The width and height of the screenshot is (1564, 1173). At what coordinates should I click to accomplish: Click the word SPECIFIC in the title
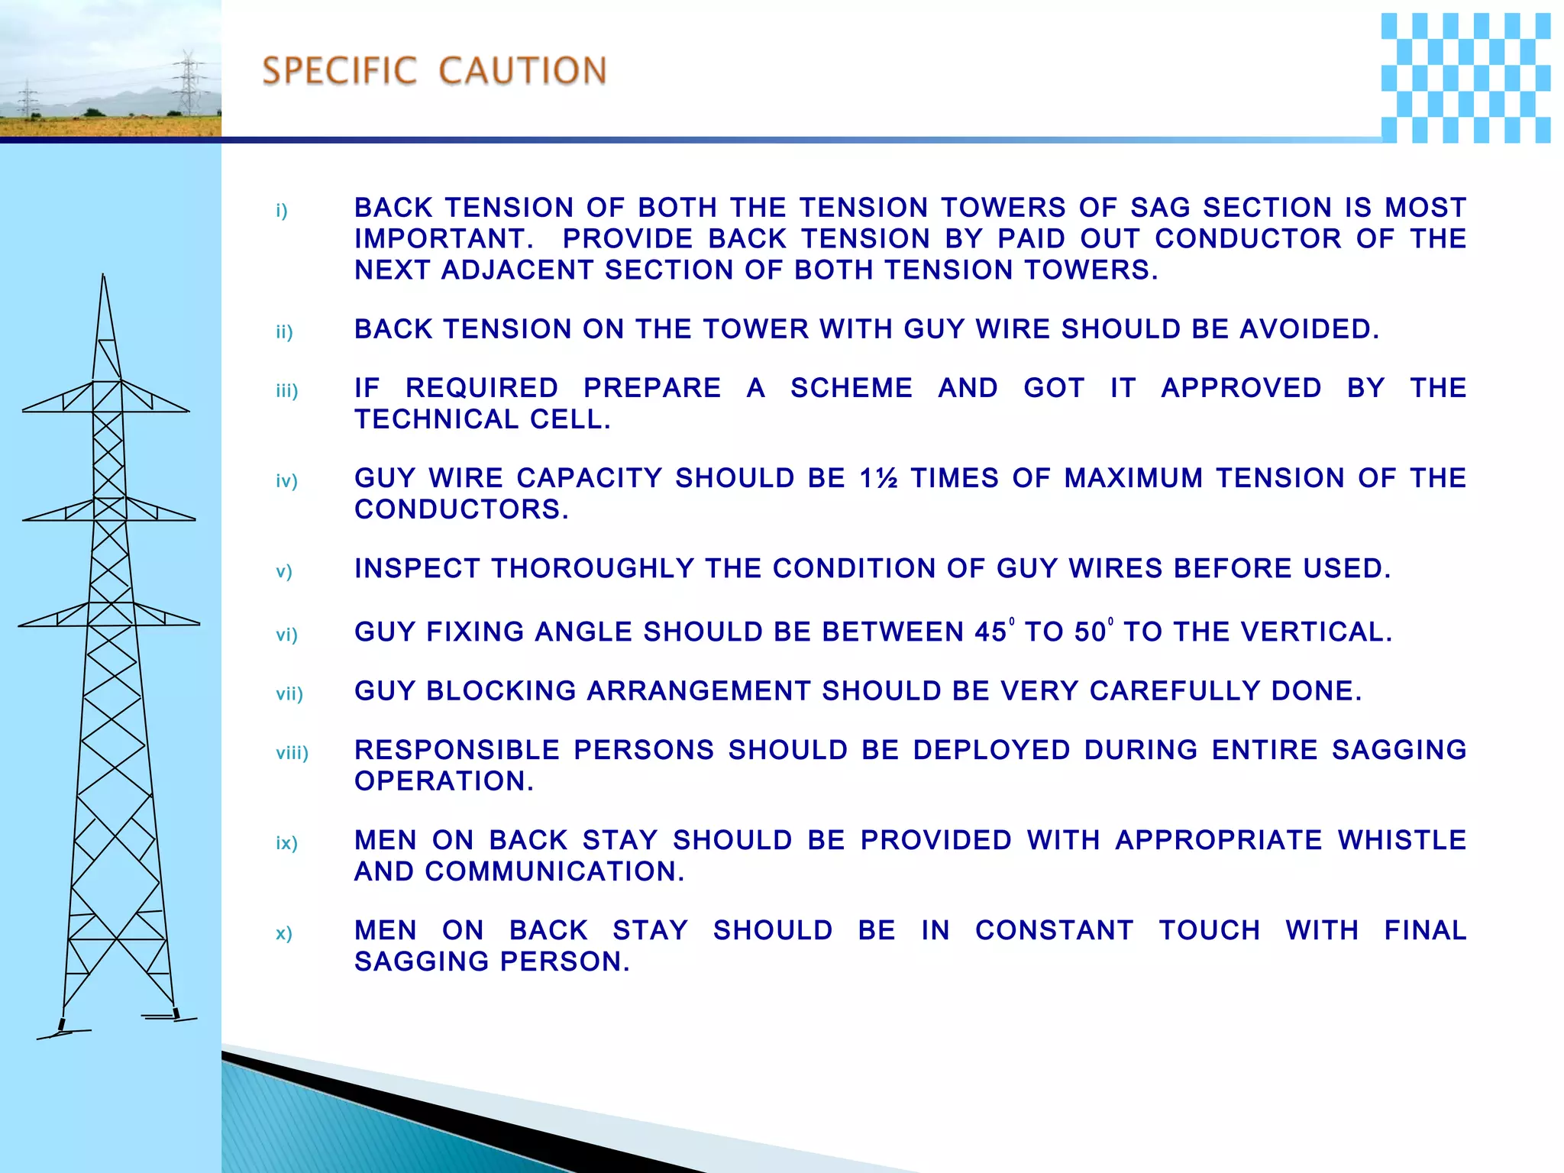(x=339, y=71)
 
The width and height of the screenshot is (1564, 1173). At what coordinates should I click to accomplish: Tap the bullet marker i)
(x=282, y=211)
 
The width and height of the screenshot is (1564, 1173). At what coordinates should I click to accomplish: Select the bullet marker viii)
(x=292, y=753)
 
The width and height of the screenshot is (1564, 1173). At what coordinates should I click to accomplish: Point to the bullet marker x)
(x=284, y=933)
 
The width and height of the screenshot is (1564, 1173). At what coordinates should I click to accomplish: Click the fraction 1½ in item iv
(x=878, y=479)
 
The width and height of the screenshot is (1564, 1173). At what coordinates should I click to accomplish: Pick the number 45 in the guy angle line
(x=990, y=632)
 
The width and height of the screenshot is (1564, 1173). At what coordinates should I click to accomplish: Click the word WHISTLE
(x=1401, y=840)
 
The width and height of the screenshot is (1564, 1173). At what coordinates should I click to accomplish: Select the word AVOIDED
(x=1309, y=329)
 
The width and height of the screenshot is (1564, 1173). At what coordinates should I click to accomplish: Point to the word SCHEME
(x=851, y=388)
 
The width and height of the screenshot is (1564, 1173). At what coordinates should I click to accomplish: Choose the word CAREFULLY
(x=1174, y=691)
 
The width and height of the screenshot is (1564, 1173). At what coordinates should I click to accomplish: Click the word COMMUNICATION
(x=554, y=871)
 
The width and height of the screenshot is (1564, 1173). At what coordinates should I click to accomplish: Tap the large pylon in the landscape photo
(x=188, y=84)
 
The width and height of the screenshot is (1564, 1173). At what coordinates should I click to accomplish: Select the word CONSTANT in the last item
(x=1054, y=930)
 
